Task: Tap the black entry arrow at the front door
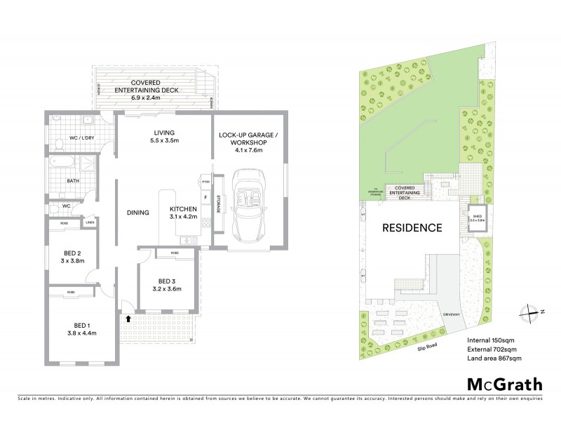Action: [x=128, y=318]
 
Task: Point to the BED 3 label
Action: [x=167, y=285]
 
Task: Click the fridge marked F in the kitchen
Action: [x=205, y=198]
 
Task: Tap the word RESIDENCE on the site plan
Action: [x=412, y=227]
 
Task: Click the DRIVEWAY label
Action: [x=450, y=315]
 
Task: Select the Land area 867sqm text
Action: [x=494, y=358]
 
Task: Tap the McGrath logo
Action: [x=505, y=384]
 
